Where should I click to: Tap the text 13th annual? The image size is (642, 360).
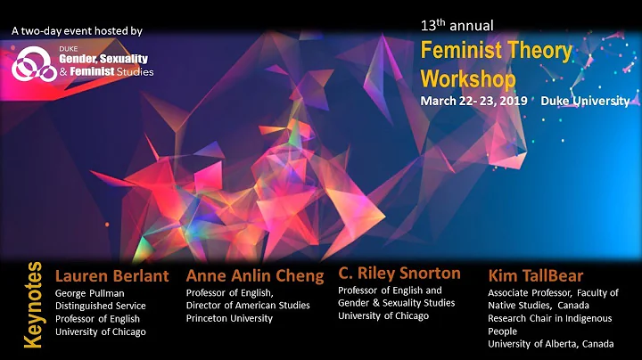pyautogui.click(x=457, y=25)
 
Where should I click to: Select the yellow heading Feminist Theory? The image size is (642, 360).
pyautogui.click(x=496, y=51)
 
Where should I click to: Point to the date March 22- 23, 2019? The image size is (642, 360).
pyautogui.click(x=473, y=101)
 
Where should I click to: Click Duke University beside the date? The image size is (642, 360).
pyautogui.click(x=597, y=101)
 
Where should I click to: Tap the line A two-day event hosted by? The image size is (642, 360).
pyautogui.click(x=76, y=31)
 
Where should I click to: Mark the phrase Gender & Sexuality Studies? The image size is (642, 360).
pyautogui.click(x=389, y=303)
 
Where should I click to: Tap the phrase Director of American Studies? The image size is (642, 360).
pyautogui.click(x=247, y=306)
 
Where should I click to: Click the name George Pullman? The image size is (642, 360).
pyautogui.click(x=90, y=292)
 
